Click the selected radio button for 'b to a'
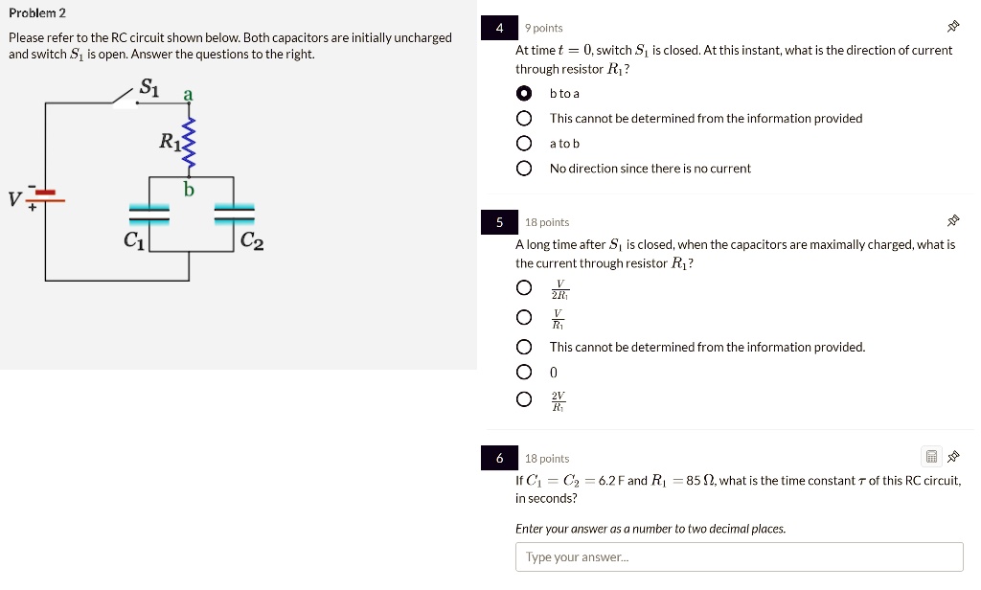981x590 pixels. point(524,94)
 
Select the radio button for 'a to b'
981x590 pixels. point(524,144)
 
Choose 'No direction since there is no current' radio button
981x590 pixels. point(524,169)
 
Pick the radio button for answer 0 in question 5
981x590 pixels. point(524,372)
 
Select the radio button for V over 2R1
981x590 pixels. point(524,288)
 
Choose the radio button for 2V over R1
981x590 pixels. point(524,399)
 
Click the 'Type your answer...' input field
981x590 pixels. point(739,556)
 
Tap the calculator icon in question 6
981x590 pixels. point(931,457)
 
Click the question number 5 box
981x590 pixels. point(499,222)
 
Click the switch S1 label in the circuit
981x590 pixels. point(148,88)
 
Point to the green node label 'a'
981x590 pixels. point(189,95)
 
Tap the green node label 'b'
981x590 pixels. point(189,189)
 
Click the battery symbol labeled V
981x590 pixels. point(46,196)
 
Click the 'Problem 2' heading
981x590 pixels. point(37,13)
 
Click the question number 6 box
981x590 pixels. point(499,459)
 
